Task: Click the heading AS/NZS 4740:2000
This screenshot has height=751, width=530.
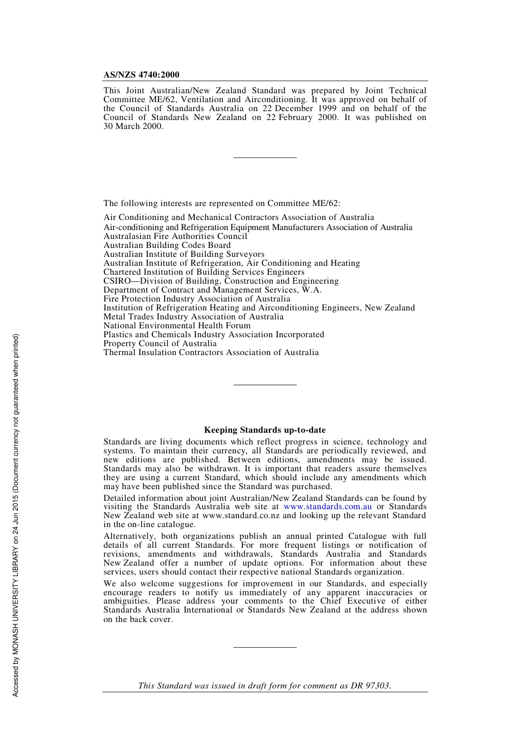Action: (x=141, y=75)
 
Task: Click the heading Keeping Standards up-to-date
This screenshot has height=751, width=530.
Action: (x=264, y=430)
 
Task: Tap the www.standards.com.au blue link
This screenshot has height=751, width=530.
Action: (x=327, y=507)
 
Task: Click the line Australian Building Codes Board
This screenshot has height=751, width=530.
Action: (x=167, y=245)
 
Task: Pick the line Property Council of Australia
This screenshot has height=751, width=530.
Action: (x=160, y=343)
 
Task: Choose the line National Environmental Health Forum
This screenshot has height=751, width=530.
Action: (x=177, y=326)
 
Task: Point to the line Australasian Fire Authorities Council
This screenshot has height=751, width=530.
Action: (x=175, y=236)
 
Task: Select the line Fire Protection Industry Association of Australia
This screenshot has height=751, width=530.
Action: (x=196, y=299)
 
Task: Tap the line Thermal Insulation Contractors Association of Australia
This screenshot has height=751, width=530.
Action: (x=211, y=352)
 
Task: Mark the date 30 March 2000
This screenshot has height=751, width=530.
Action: (x=133, y=126)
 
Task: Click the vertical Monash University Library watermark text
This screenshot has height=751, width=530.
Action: (x=16, y=515)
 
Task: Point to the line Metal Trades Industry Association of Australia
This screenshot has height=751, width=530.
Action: (x=193, y=317)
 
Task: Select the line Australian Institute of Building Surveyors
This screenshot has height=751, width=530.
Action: (x=184, y=254)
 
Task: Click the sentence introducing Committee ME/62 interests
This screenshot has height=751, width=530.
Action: (x=221, y=203)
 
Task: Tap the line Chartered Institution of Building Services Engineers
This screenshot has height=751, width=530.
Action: (x=204, y=272)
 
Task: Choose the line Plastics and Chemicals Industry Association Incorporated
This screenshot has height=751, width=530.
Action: (x=214, y=334)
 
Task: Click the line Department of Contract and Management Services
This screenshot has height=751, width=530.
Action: (x=212, y=290)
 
